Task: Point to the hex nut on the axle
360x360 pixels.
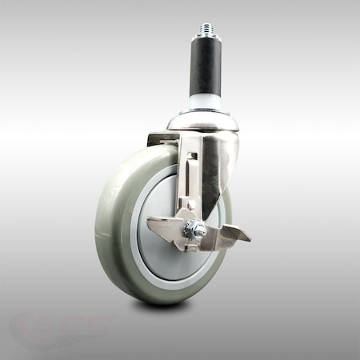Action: point(193,232)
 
